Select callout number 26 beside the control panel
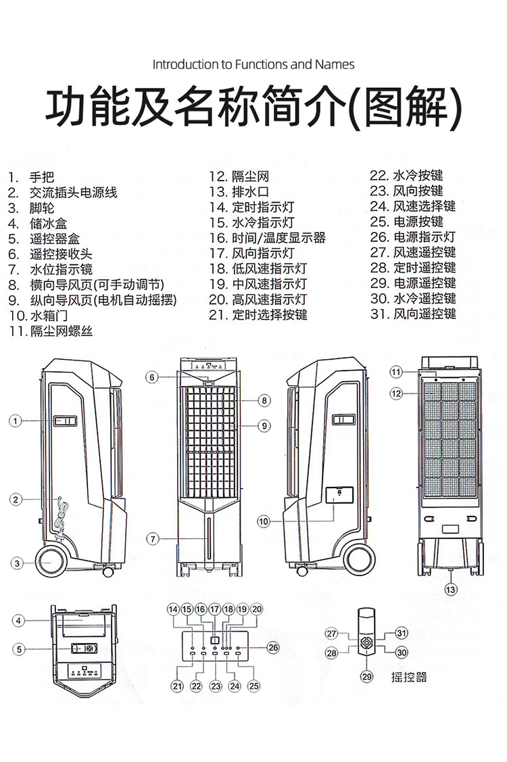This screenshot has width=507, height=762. (x=273, y=647)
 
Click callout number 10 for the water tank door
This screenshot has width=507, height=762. (x=264, y=521)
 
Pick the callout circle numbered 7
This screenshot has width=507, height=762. (x=153, y=539)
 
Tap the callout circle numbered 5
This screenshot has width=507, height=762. (x=19, y=649)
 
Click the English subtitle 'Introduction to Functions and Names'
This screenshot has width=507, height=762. (x=254, y=65)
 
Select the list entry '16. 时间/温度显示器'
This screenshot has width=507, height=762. (x=268, y=238)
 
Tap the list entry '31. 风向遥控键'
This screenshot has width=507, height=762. (x=413, y=314)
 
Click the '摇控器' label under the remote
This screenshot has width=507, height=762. (x=409, y=677)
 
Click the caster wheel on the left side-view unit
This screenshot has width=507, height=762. (x=51, y=561)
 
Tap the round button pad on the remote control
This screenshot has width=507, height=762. (x=368, y=644)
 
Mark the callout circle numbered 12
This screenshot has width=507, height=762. (x=396, y=393)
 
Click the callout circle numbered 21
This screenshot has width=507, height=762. (x=177, y=686)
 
